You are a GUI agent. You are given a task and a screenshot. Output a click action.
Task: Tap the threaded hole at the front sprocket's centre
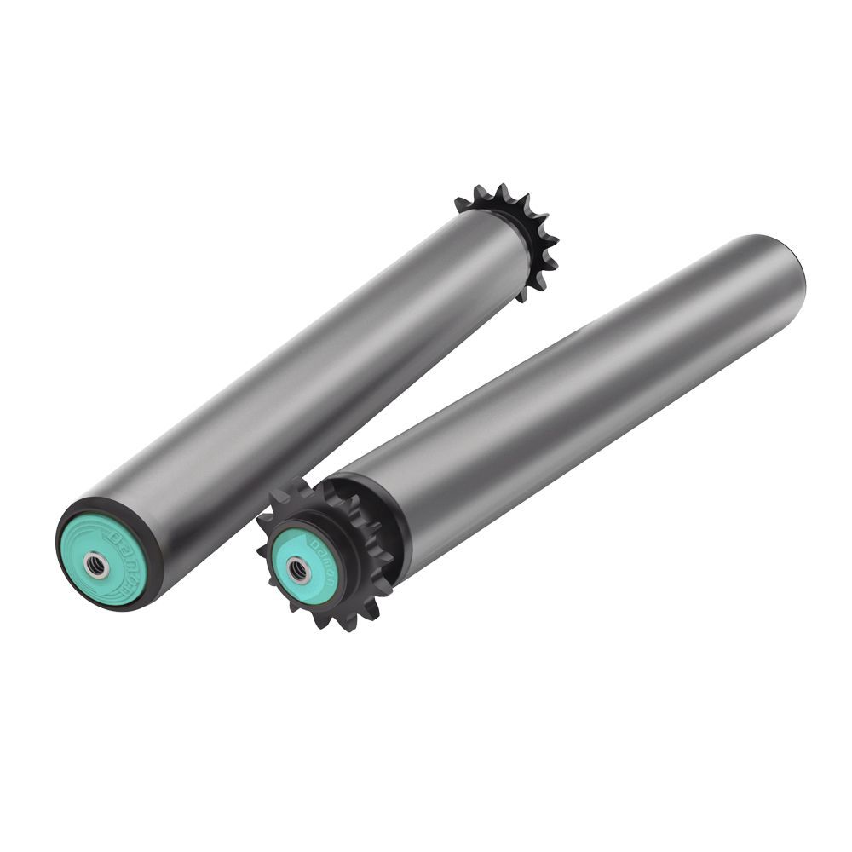tap(298, 570)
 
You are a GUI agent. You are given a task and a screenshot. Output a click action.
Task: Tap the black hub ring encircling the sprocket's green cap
tap(337, 588)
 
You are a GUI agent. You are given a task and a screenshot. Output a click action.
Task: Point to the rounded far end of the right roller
tap(788, 264)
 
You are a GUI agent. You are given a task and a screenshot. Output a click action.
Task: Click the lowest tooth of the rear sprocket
tap(521, 296)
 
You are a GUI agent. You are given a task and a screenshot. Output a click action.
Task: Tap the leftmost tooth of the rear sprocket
tap(461, 204)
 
